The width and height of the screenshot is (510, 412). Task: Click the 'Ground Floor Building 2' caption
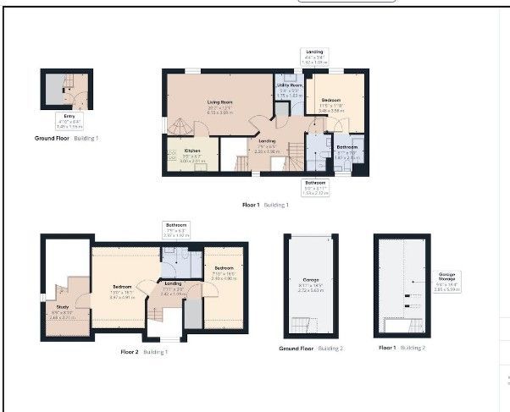coord(311,348)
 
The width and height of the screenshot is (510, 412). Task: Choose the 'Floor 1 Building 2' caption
coord(402,348)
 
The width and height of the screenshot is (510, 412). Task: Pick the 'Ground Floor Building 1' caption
coord(67,137)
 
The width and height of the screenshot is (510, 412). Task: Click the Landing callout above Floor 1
coord(314,57)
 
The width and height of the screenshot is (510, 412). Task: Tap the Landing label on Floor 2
coord(173,285)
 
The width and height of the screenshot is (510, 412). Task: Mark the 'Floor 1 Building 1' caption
coord(265,205)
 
